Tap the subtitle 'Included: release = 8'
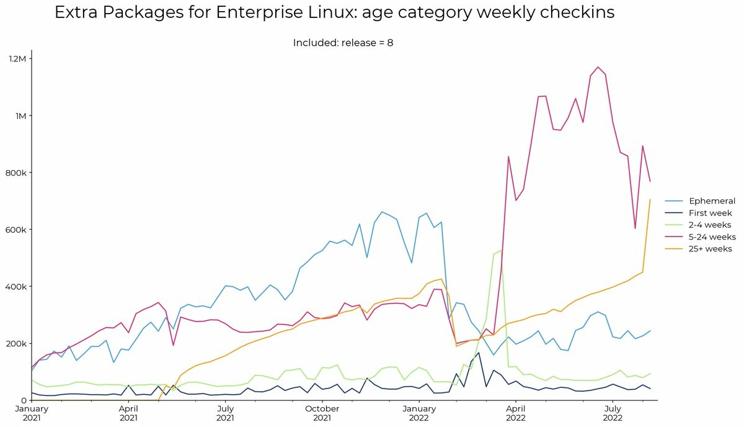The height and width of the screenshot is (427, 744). [x=343, y=43]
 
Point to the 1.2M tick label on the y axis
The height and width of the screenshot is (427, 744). [x=17, y=59]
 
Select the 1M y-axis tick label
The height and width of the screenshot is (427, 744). [x=20, y=115]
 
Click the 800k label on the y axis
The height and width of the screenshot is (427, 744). [x=15, y=173]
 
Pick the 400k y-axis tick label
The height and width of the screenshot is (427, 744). [x=15, y=287]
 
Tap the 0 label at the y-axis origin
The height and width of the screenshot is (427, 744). [x=24, y=401]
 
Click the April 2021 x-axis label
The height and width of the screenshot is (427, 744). [x=128, y=413]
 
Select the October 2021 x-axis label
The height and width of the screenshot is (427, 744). [x=322, y=413]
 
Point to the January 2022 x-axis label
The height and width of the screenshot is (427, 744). [x=419, y=413]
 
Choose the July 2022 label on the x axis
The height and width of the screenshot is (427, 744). [x=613, y=413]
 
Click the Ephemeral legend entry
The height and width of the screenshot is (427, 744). [x=700, y=201]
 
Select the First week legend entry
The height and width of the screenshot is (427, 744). [x=699, y=213]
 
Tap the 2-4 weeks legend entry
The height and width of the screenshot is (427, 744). [x=698, y=225]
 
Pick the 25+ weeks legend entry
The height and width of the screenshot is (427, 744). [x=699, y=249]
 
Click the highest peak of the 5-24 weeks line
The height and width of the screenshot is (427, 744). [x=598, y=67]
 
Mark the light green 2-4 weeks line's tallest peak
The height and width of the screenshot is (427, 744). [x=501, y=250]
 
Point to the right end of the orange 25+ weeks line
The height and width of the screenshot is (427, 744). [x=650, y=199]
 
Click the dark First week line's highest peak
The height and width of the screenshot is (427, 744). [x=478, y=353]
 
